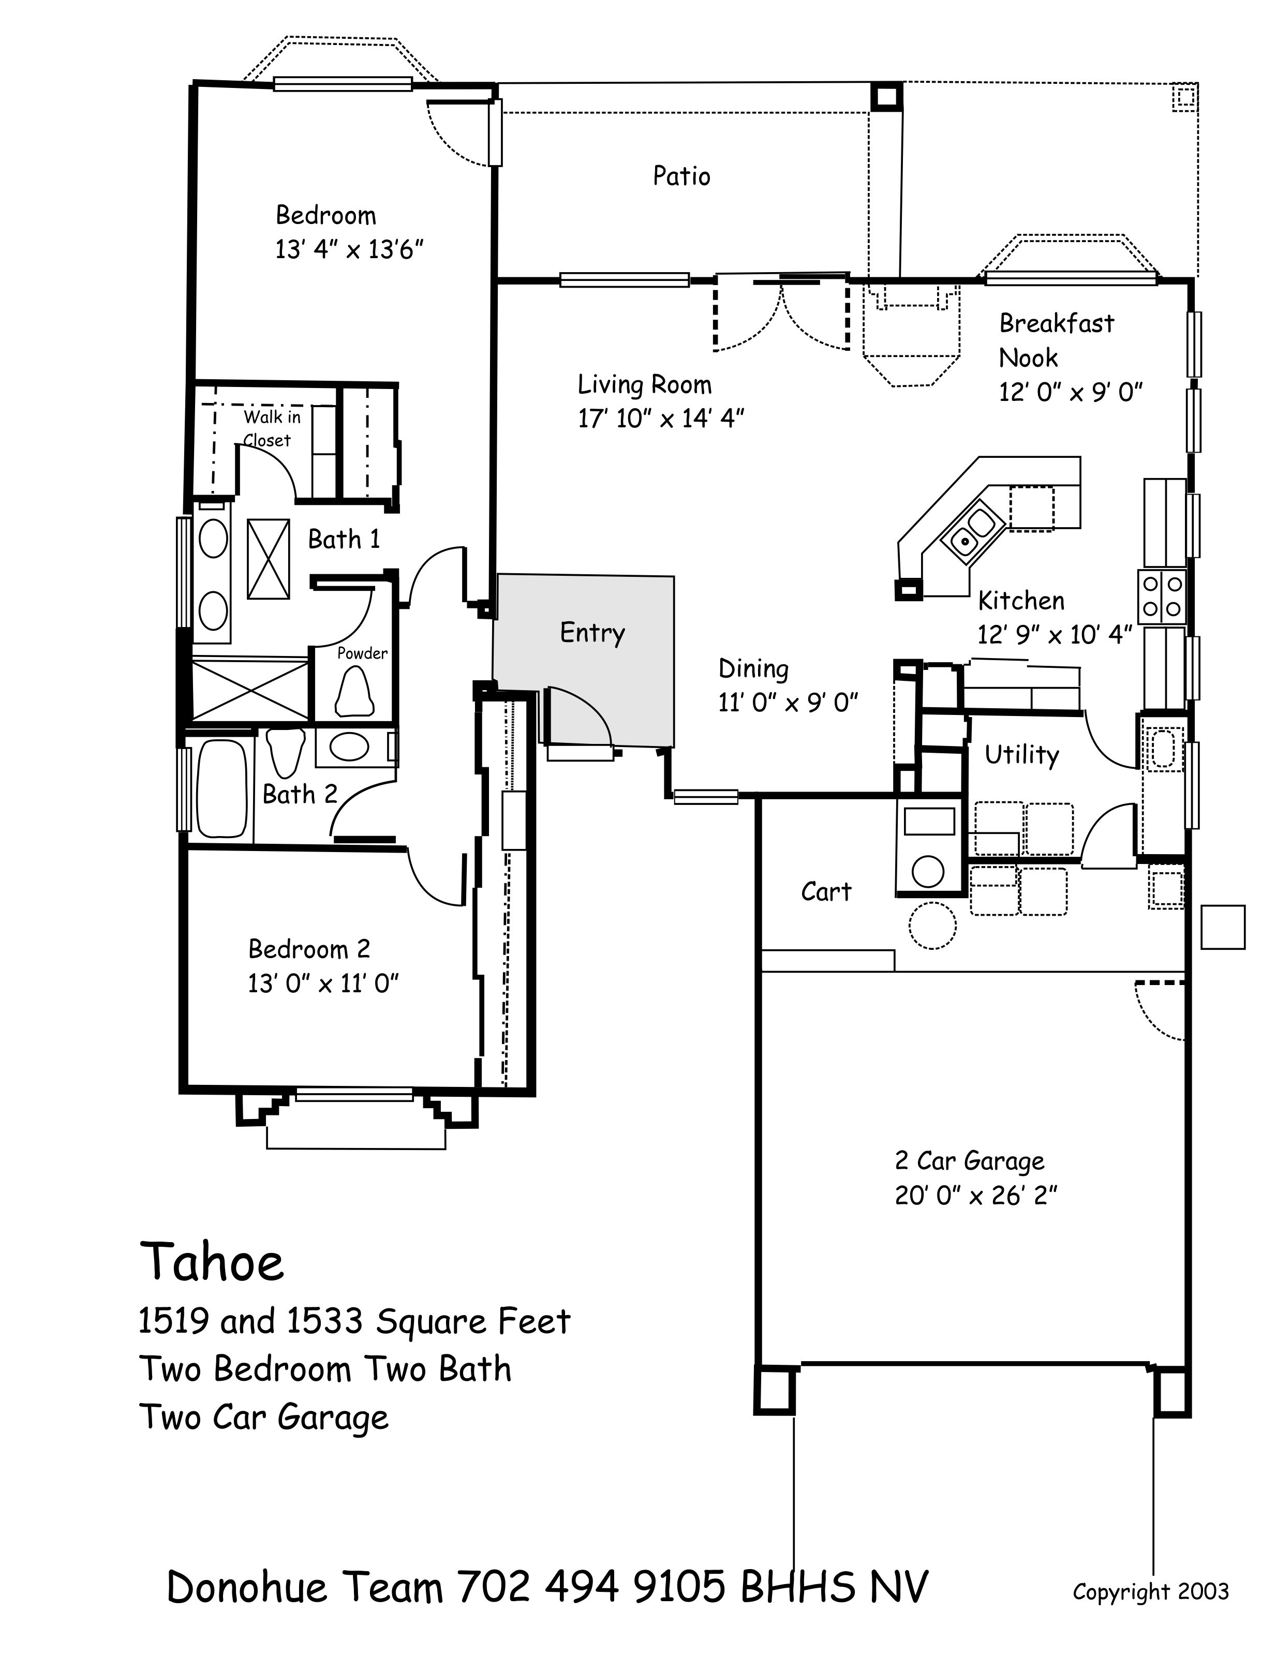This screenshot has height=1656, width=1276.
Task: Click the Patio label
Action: pyautogui.click(x=681, y=176)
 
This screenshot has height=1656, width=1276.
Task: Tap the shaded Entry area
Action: pyautogui.click(x=584, y=660)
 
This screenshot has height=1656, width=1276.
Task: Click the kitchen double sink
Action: pyautogui.click(x=968, y=531)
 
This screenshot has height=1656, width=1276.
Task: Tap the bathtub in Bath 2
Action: pyautogui.click(x=222, y=788)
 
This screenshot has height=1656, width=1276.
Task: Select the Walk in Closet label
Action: pyautogui.click(x=270, y=428)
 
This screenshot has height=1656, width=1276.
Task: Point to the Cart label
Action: pyautogui.click(x=826, y=892)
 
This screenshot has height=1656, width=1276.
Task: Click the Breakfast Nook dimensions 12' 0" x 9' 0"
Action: pyautogui.click(x=1070, y=392)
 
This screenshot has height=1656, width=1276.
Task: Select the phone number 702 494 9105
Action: pyautogui.click(x=591, y=1587)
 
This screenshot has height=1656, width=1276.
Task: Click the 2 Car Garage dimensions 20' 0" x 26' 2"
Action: pyautogui.click(x=976, y=1196)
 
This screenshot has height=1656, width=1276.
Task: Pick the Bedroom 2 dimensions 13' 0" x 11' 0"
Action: pyautogui.click(x=323, y=983)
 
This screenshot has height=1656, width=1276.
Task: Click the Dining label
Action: pyautogui.click(x=753, y=669)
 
